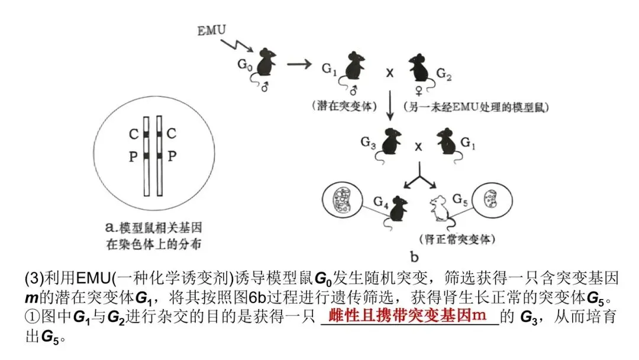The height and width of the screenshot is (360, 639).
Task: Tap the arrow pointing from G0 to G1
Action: coord(300,63)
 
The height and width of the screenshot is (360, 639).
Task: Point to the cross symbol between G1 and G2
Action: coord(390,75)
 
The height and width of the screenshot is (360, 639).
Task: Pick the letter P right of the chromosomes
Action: coord(172,155)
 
